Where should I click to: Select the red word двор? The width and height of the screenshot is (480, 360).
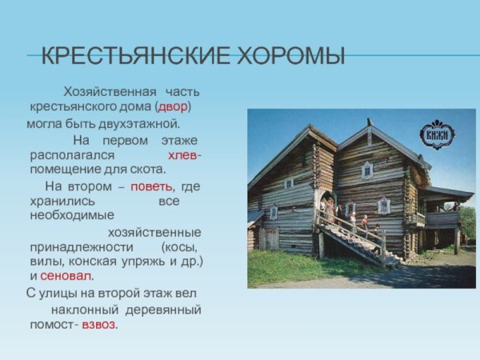pos(173,106)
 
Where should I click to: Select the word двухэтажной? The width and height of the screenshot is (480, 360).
pos(136,124)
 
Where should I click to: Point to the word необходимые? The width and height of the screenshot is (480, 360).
pos(72,216)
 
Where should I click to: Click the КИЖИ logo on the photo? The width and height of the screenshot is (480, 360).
pos(437,134)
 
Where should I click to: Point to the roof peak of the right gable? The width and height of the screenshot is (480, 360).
pos(370,126)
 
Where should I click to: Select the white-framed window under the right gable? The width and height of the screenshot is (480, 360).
pos(367,170)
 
